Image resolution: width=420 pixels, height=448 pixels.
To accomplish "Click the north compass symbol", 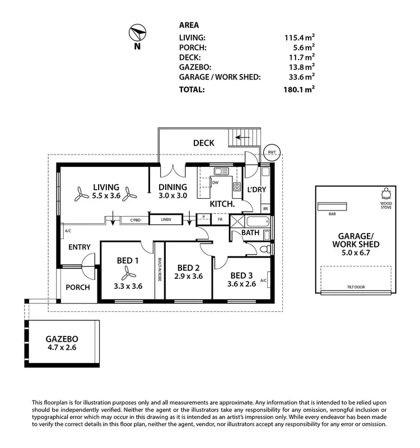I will [137, 31].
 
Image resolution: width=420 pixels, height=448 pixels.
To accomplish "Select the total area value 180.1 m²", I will [300, 89].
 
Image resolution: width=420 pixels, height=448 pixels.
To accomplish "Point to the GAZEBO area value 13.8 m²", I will [301, 67].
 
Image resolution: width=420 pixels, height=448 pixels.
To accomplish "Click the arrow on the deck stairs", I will [242, 137].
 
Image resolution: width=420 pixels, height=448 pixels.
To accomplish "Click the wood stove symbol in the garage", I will [386, 194].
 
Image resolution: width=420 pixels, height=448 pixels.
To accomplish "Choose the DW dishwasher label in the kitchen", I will [215, 181].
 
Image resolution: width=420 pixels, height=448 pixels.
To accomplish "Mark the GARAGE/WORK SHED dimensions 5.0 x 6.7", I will [356, 254].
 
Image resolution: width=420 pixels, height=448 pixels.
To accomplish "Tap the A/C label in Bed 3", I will [263, 281].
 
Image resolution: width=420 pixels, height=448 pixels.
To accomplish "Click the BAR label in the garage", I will [332, 213].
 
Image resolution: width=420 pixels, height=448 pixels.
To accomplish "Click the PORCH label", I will [78, 287].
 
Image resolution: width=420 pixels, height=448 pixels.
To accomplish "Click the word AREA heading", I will [189, 25].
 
